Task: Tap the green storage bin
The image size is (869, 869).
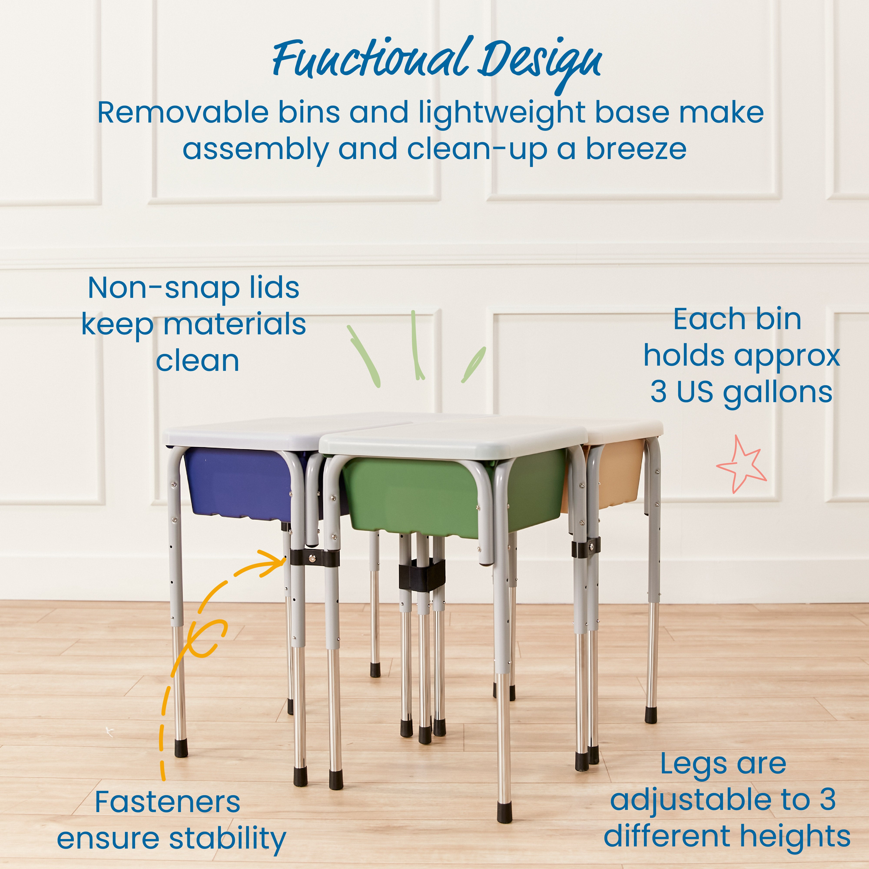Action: pos(418,495)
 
